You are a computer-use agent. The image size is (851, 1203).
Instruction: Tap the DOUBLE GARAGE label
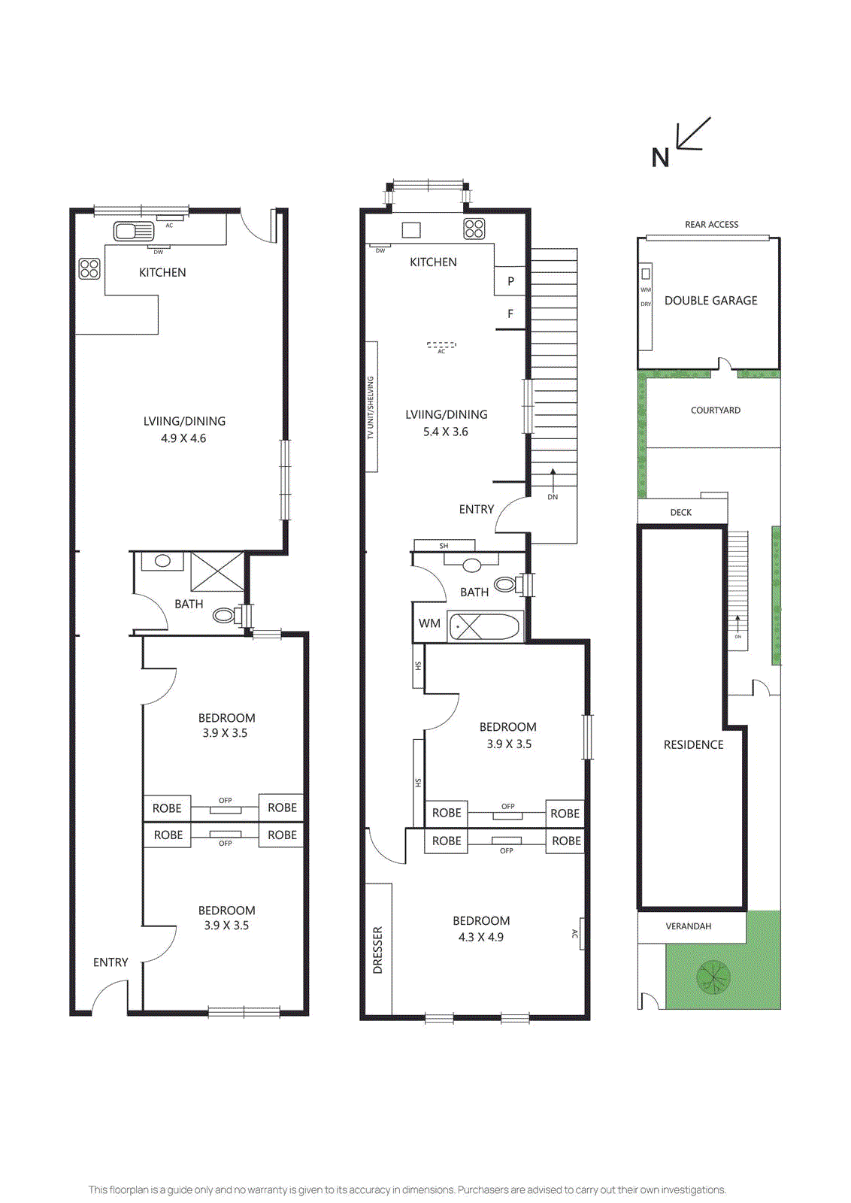point(710,301)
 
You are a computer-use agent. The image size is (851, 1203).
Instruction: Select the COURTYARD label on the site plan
point(715,411)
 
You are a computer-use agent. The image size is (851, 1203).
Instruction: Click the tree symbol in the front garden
point(713,977)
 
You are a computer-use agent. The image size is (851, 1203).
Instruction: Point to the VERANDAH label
point(688,926)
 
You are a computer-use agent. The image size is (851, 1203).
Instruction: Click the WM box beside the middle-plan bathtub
point(429,623)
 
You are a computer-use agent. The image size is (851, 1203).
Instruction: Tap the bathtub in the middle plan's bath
point(485,626)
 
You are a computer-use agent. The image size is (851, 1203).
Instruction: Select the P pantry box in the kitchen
point(510,281)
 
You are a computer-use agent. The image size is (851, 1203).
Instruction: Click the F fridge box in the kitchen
point(510,314)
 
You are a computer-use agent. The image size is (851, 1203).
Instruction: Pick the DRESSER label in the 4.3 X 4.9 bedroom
point(377,950)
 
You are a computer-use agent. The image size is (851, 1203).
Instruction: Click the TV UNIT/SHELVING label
point(371,408)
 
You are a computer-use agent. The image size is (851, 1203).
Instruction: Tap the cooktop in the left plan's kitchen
point(89,268)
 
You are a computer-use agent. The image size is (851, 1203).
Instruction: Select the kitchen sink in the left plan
point(133,231)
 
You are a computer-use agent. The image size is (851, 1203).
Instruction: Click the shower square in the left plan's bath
point(217,572)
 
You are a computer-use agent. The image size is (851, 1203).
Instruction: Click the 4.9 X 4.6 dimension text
point(183,438)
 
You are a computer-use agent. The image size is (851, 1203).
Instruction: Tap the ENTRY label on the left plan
point(111,962)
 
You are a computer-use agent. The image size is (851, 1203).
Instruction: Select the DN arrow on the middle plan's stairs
point(553,481)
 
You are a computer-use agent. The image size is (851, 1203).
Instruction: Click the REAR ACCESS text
point(711,225)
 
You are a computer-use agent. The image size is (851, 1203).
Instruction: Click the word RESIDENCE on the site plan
point(693,745)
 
